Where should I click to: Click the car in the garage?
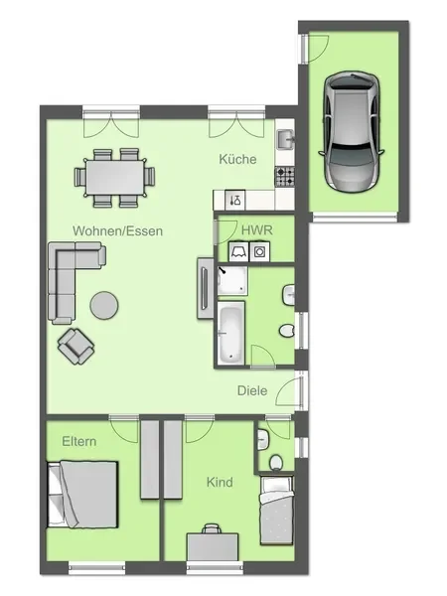point(352,131)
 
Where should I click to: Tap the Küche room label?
point(238,159)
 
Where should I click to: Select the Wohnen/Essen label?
point(118,230)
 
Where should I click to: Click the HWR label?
point(257,230)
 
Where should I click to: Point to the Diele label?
point(252,390)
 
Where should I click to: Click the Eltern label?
point(79,441)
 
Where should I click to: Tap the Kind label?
point(220,482)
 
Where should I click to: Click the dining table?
point(115,178)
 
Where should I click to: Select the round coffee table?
point(104,305)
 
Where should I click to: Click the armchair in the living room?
point(76,347)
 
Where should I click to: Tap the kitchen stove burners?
point(285,177)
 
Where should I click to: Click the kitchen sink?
point(285,139)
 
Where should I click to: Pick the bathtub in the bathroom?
point(230,333)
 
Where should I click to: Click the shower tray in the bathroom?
point(232,281)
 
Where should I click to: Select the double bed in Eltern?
point(82,494)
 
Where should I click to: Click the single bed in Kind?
point(277,511)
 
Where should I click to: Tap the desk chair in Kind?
point(212,528)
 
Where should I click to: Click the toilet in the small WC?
point(276,463)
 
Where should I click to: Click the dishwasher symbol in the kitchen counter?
point(234,200)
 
